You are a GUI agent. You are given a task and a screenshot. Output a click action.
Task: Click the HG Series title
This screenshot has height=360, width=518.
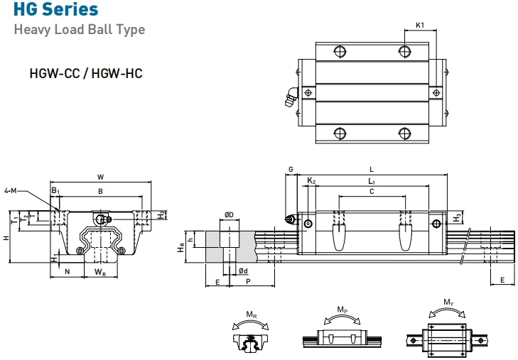click(x=56, y=10)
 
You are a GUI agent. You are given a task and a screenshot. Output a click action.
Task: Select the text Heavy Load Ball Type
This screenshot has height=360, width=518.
click(x=80, y=30)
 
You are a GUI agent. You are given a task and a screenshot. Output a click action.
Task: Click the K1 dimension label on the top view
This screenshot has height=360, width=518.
click(x=419, y=26)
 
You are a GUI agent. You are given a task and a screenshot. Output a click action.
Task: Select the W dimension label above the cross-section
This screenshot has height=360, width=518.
click(x=101, y=177)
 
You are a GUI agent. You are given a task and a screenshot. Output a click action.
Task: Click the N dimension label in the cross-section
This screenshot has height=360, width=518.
click(x=68, y=271)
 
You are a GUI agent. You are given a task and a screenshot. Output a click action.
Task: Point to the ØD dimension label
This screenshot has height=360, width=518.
click(x=229, y=214)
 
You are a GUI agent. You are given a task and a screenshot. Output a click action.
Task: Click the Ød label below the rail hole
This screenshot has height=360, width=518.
click(x=243, y=271)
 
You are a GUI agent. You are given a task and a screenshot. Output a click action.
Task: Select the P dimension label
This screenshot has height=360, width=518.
click(x=247, y=282)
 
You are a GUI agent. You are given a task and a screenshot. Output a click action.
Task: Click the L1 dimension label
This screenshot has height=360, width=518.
click(x=372, y=182)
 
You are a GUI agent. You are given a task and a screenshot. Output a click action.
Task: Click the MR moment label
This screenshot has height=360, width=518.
click(x=251, y=315)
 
